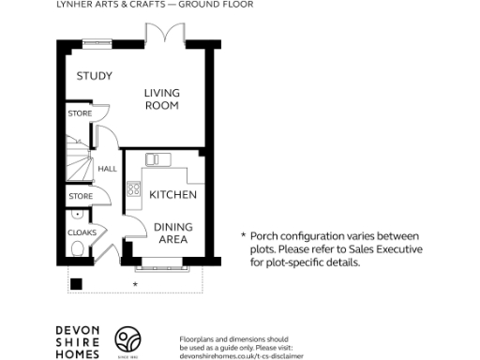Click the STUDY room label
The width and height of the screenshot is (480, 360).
tap(94, 76)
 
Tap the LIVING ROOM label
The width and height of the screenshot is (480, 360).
tap(161, 98)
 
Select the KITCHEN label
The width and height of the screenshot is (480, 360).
tap(173, 195)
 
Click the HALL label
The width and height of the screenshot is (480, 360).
tap(108, 169)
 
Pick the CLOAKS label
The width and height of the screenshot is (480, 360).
tap(80, 232)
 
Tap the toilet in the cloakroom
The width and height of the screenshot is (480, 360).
tap(79, 248)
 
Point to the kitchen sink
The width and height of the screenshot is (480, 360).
tap(152, 158)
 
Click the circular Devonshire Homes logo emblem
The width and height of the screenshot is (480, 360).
tap(127, 339)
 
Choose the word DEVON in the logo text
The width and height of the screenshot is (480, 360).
tap(76, 329)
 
